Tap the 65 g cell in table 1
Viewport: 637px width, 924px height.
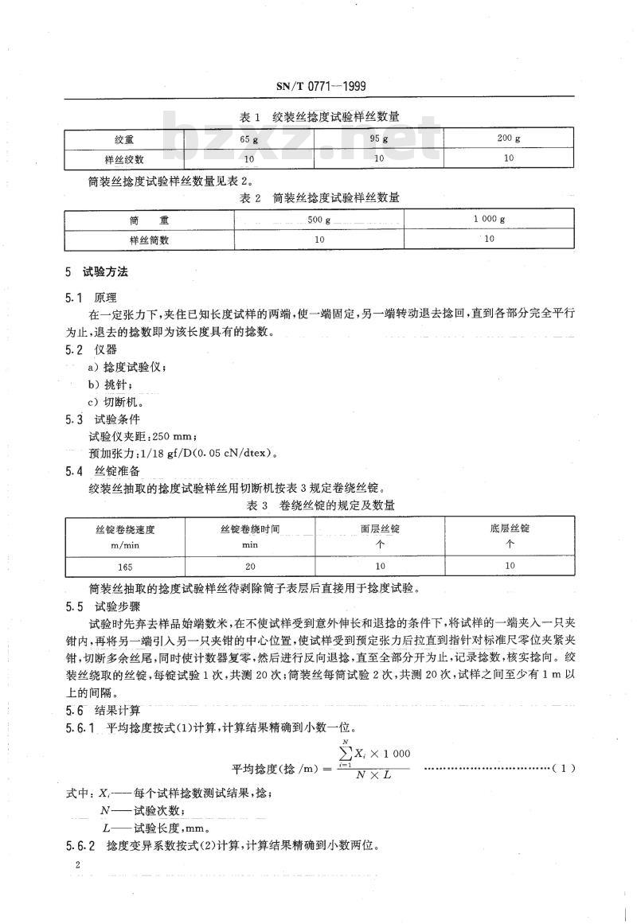[x=249, y=139]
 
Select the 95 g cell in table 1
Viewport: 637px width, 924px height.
[x=379, y=139]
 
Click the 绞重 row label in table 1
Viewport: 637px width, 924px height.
[x=123, y=139]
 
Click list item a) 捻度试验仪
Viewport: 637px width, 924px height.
[x=127, y=367]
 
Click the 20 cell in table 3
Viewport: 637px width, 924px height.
[x=249, y=567]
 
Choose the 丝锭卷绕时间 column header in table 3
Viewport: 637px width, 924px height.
[x=249, y=528]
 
